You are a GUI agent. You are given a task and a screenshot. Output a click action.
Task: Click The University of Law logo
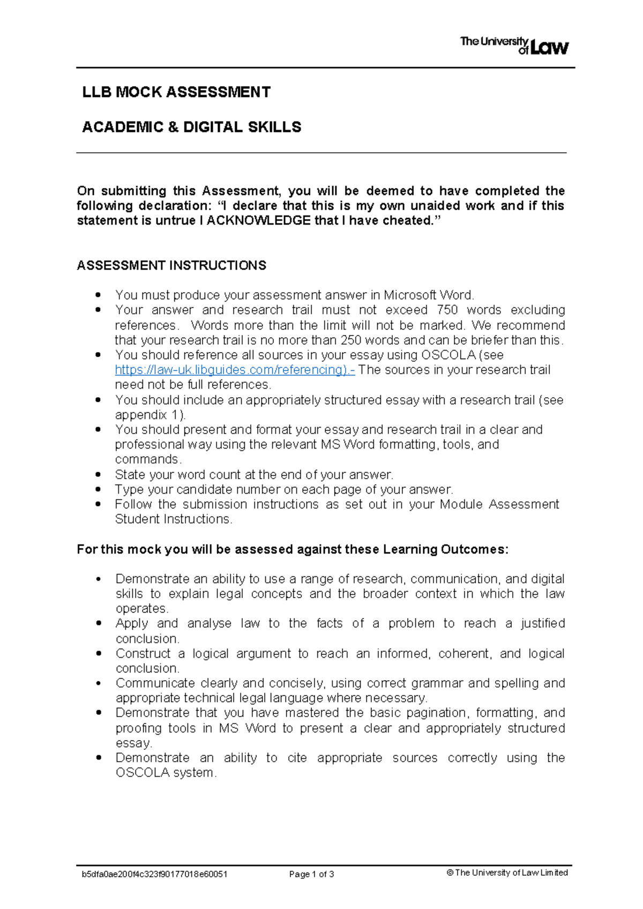tap(514, 46)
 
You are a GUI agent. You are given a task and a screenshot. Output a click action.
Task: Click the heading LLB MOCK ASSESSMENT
tap(176, 92)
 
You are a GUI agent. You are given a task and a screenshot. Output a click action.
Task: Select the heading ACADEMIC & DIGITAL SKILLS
tap(191, 127)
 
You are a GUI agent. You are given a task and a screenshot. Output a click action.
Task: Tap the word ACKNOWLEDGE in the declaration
tap(258, 220)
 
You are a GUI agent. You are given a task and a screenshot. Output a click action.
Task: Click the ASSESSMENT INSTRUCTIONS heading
tap(171, 265)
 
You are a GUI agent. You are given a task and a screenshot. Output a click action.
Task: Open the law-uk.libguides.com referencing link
tap(234, 370)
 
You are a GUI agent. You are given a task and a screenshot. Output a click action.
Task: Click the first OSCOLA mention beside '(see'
tap(448, 355)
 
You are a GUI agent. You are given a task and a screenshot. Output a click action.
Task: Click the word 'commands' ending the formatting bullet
tap(147, 459)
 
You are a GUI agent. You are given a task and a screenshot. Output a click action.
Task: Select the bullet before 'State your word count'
tap(98, 474)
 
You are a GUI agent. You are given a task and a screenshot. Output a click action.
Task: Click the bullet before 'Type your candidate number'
tap(98, 489)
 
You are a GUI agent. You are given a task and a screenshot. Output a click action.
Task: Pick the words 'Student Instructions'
tap(173, 519)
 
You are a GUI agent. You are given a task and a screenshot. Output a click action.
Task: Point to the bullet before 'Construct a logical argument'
tap(98, 653)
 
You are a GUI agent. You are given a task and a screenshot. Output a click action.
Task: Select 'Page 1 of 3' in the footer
tap(311, 874)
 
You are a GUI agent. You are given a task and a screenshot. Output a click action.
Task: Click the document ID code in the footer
tap(154, 874)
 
